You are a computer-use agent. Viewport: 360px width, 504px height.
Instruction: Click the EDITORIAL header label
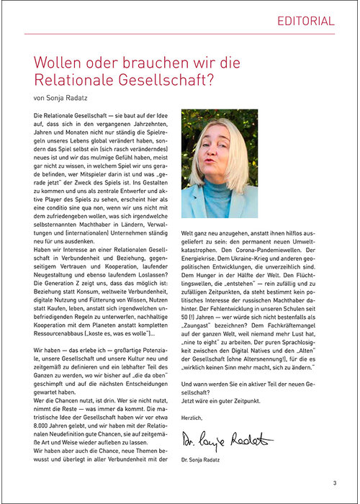(x=306, y=21)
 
